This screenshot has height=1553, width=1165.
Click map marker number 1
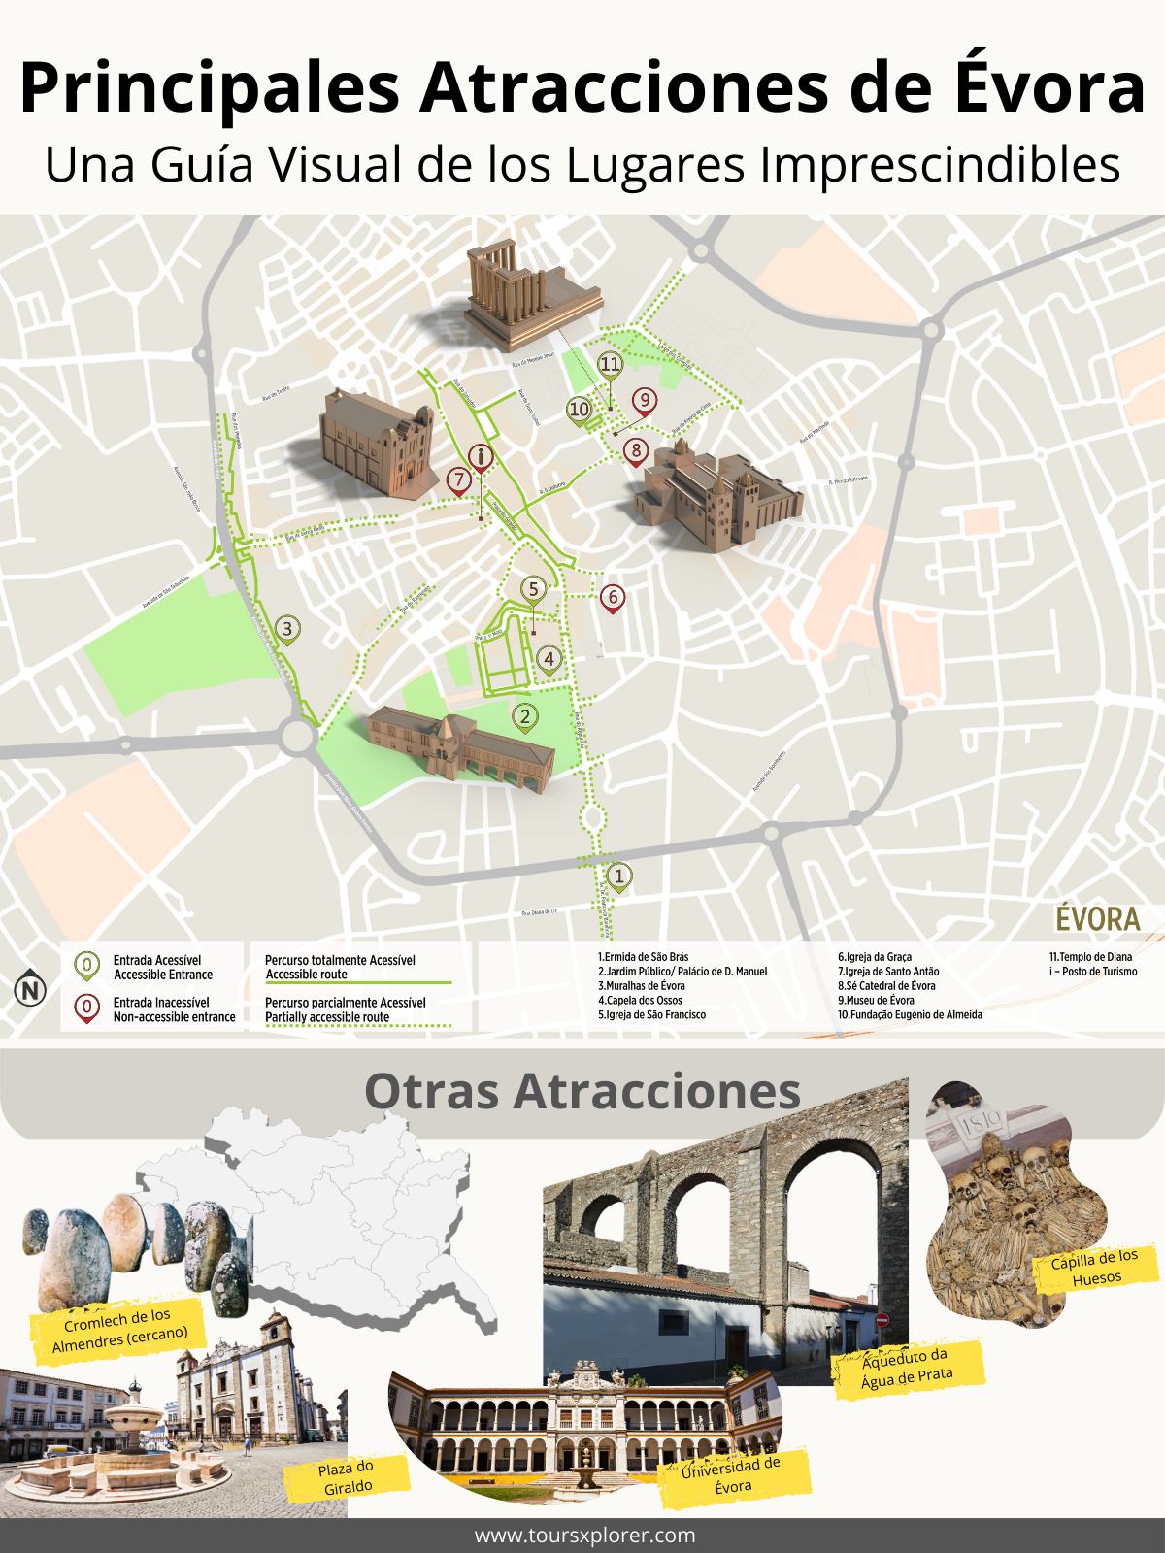[x=619, y=876]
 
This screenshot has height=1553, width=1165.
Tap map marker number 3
[x=287, y=629]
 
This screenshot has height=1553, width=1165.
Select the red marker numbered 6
[x=612, y=597]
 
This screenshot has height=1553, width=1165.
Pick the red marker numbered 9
[x=644, y=400]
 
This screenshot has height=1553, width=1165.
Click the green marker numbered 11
[x=610, y=365]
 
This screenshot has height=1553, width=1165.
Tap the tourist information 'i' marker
[x=481, y=456]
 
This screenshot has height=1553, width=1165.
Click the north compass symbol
[x=30, y=990]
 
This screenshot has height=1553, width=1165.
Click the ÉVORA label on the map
[x=1097, y=918]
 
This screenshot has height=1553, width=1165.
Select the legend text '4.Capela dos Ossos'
[x=640, y=1001]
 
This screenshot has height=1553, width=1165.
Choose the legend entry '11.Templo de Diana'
[x=1090, y=957]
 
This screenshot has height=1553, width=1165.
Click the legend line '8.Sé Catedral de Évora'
[x=886, y=986]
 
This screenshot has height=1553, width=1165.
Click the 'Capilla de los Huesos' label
[x=1095, y=1268]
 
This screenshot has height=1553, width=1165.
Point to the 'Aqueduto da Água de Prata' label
[x=907, y=1367]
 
